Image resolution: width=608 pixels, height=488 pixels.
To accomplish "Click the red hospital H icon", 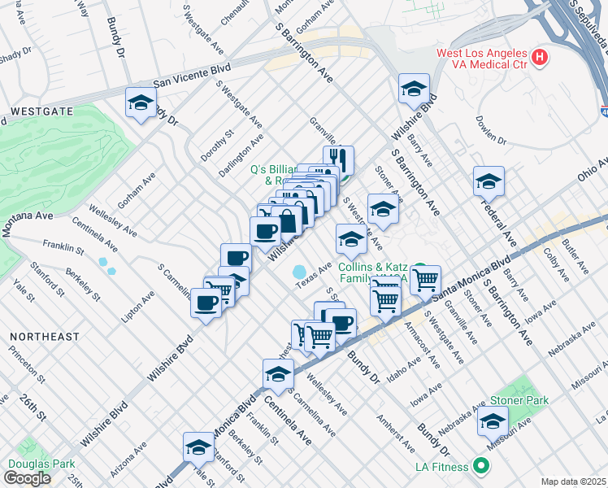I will click(x=540, y=58).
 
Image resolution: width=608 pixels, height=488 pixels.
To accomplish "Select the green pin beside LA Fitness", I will click(x=481, y=466).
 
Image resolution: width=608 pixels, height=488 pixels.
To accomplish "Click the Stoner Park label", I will click(x=519, y=400).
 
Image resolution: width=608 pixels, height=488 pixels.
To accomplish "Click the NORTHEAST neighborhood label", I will click(x=45, y=336).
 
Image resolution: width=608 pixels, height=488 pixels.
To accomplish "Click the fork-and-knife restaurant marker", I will click(x=338, y=160).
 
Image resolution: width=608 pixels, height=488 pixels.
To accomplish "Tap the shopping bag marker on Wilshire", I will click(x=288, y=220).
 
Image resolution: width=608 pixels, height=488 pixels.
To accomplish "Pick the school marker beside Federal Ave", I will click(x=489, y=181).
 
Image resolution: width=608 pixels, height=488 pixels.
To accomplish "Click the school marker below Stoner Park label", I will click(x=493, y=420).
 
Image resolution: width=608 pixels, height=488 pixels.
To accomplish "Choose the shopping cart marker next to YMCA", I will click(x=425, y=281).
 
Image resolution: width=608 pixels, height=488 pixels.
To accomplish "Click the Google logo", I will click(x=27, y=477).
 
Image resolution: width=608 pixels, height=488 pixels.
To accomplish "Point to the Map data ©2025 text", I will click(x=573, y=481).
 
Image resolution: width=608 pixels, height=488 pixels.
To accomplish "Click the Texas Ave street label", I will click(x=313, y=275).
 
